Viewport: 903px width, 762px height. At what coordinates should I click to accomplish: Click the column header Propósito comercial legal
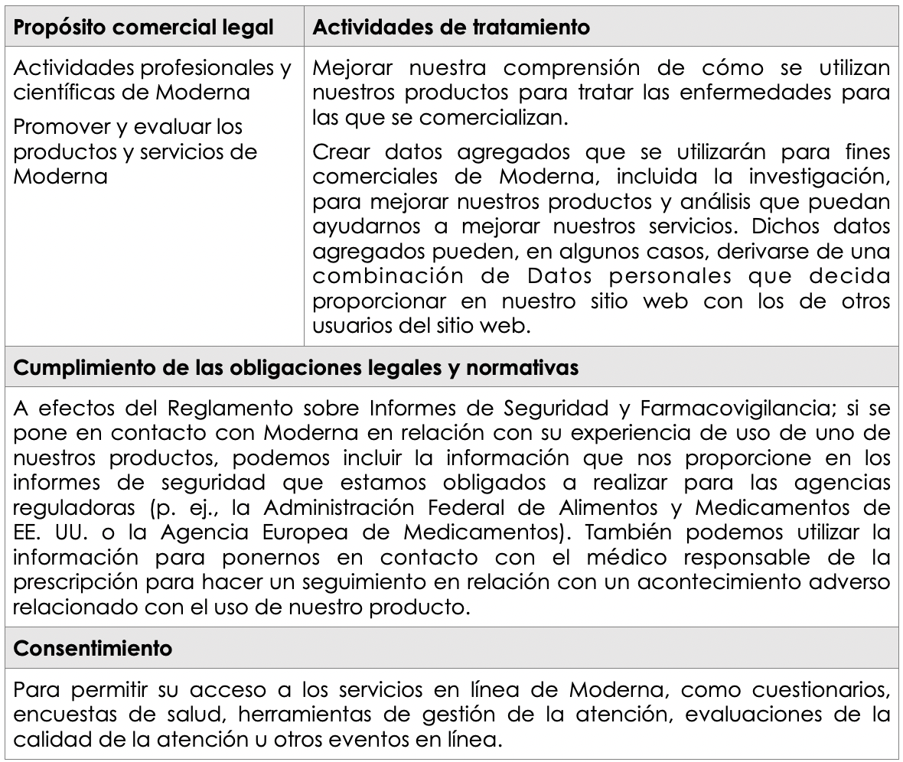point(144,28)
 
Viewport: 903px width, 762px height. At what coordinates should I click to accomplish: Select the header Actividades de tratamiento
point(451,28)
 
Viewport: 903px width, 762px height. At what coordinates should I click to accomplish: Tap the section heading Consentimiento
point(93,649)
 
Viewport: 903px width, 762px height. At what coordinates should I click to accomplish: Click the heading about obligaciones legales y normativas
point(296,367)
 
